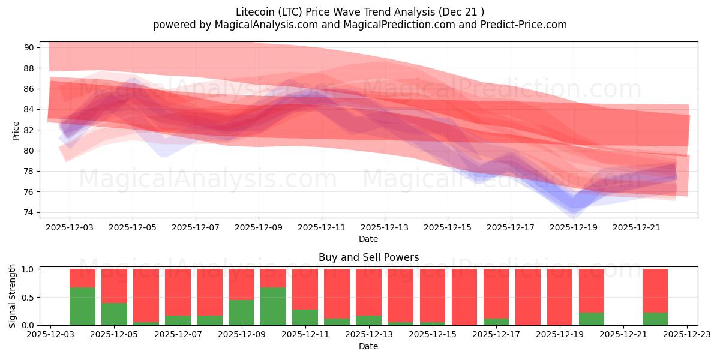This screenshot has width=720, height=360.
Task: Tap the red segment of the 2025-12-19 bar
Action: pos(560,297)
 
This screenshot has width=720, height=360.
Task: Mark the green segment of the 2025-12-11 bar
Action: pos(305,317)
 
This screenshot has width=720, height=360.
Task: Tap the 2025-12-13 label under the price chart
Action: pos(385,228)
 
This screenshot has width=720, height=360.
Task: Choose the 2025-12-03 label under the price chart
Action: pos(70,228)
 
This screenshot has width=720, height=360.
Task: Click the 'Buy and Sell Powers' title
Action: pos(368,257)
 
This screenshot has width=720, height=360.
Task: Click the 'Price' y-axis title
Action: pos(16,130)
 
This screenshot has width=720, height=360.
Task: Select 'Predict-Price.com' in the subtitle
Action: pos(526,25)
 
